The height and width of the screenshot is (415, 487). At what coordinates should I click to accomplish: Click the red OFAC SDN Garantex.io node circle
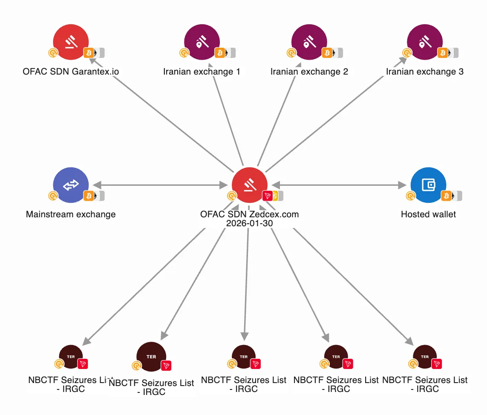[x=71, y=41]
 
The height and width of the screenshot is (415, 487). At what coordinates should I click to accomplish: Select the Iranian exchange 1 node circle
[x=202, y=41]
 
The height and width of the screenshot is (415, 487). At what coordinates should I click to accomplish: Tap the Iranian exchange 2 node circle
[x=309, y=41]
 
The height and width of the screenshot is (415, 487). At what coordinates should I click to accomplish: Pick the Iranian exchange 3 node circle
[x=425, y=41]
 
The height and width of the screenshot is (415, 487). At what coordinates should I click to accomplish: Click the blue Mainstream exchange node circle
[x=71, y=184]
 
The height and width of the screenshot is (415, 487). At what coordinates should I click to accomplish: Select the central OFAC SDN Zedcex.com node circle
[x=250, y=184]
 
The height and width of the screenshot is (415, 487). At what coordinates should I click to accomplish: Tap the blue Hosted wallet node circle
[x=428, y=184]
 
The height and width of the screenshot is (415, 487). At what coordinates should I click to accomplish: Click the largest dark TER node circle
[x=151, y=357]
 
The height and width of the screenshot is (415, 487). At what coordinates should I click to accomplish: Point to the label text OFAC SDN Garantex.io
[x=71, y=72]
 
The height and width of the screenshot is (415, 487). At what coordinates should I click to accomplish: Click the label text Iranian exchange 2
[x=309, y=72]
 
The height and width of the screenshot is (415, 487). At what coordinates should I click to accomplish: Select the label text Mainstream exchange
[x=71, y=214]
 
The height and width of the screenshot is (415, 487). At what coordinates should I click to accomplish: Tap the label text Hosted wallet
[x=428, y=214]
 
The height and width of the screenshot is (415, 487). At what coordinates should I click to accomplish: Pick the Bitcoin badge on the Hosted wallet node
[x=447, y=196]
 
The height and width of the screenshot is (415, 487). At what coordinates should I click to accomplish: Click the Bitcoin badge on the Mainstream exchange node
[x=89, y=196]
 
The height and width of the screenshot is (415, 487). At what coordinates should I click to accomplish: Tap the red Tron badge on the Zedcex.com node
[x=268, y=196]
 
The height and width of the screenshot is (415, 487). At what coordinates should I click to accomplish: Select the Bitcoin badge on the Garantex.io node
[x=89, y=53]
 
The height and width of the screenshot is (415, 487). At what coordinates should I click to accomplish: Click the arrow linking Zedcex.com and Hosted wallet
[x=339, y=185]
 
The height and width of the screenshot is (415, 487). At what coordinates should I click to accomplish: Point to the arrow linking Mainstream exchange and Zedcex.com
[x=160, y=185]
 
